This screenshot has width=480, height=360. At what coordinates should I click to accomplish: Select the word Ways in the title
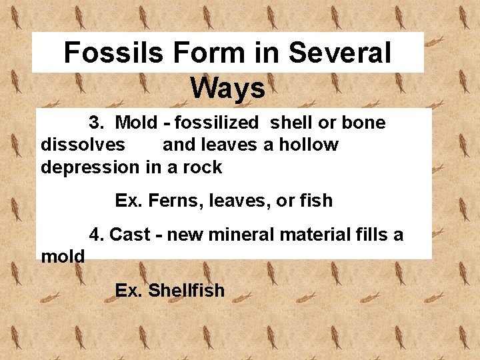pyautogui.click(x=227, y=87)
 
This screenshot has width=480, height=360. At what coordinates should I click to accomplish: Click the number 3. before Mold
pyautogui.click(x=97, y=123)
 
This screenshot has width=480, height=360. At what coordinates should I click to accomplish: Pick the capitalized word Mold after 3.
pyautogui.click(x=136, y=123)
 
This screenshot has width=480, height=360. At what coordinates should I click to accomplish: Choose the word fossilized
pyautogui.click(x=215, y=123)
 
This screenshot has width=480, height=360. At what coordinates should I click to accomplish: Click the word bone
pyautogui.click(x=363, y=123)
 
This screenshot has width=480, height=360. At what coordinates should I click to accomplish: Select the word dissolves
pyautogui.click(x=83, y=145)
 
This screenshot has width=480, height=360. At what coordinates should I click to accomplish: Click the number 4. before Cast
pyautogui.click(x=97, y=235)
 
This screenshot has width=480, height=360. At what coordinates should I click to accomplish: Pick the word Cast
pyautogui.click(x=129, y=235)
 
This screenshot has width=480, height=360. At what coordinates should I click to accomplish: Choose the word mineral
pyautogui.click(x=238, y=235)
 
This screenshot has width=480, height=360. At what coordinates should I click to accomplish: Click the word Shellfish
pyautogui.click(x=186, y=291)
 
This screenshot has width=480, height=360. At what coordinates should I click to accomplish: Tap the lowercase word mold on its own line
pyautogui.click(x=63, y=257)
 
